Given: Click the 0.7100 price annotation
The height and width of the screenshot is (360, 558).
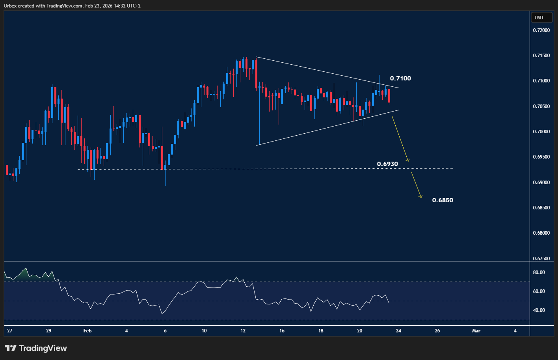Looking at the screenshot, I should [x=400, y=78].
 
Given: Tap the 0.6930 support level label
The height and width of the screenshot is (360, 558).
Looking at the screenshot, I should [x=387, y=164].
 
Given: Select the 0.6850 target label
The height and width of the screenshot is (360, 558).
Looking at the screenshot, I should [x=442, y=200].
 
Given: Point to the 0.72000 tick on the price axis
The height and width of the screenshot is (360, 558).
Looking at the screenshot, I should [x=541, y=30].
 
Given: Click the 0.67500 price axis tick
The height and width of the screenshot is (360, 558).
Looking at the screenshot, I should [x=541, y=259].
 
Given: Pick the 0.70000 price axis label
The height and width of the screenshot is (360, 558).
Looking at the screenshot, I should [x=541, y=132].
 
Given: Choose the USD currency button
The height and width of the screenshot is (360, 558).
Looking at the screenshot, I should [x=539, y=18].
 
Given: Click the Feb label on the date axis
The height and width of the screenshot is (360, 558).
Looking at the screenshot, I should [x=87, y=331].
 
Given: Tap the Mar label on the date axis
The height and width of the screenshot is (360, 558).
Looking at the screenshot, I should [x=476, y=331].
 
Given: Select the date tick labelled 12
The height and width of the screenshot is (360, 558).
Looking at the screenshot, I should [x=243, y=331].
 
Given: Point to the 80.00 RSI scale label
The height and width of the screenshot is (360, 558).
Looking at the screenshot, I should [x=539, y=272].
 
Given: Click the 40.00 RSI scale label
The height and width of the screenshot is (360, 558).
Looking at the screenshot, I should [x=539, y=310].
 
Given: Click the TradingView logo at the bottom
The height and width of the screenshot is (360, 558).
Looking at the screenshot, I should [x=36, y=348].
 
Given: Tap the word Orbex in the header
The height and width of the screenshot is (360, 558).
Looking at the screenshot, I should [x=10, y=6].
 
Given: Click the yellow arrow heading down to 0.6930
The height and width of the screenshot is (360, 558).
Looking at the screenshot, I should [x=400, y=139].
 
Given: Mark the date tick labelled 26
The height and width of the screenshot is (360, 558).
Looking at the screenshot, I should [x=437, y=331].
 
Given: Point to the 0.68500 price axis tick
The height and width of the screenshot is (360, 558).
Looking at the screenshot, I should [x=541, y=208].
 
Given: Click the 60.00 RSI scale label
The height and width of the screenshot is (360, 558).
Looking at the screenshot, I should [x=539, y=291].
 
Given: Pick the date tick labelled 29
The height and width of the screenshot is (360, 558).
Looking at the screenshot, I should [x=48, y=331].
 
